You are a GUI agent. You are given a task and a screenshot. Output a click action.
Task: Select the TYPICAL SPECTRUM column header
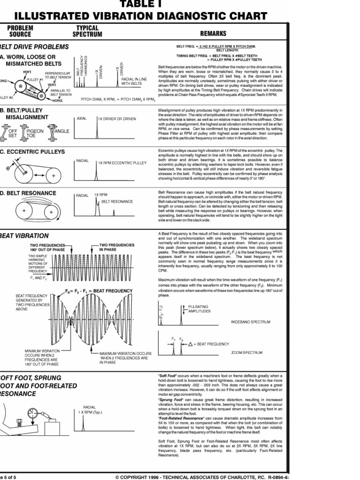point(87,31)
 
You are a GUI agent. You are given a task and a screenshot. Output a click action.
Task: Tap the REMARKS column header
point(213,34)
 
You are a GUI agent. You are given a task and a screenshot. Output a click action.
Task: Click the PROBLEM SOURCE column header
point(20,31)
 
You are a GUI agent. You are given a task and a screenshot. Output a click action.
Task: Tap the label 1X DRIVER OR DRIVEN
point(116,119)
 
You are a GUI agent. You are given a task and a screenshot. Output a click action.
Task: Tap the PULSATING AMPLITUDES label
point(199,308)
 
